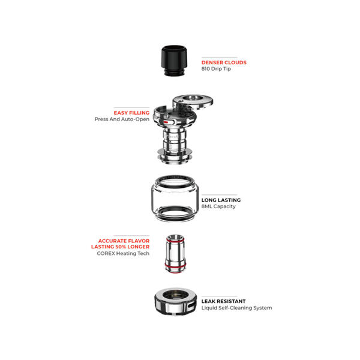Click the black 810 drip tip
coord(174,61)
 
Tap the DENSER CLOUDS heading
coord(224,62)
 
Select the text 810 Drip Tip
coord(216,69)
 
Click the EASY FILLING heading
coord(131,113)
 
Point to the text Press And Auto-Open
coord(122,119)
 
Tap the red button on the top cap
coord(166,122)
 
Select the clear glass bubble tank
coord(175,199)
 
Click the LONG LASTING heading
coord(221,200)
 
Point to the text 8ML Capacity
coord(218,206)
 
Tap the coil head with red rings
coord(175,254)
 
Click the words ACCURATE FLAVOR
coord(124,241)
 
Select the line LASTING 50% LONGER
coord(121,247)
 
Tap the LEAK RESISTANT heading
coord(223,301)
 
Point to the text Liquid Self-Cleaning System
coord(237,308)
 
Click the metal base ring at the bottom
coord(175,301)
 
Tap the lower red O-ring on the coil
coord(175,266)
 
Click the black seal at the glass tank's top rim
coord(175,182)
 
